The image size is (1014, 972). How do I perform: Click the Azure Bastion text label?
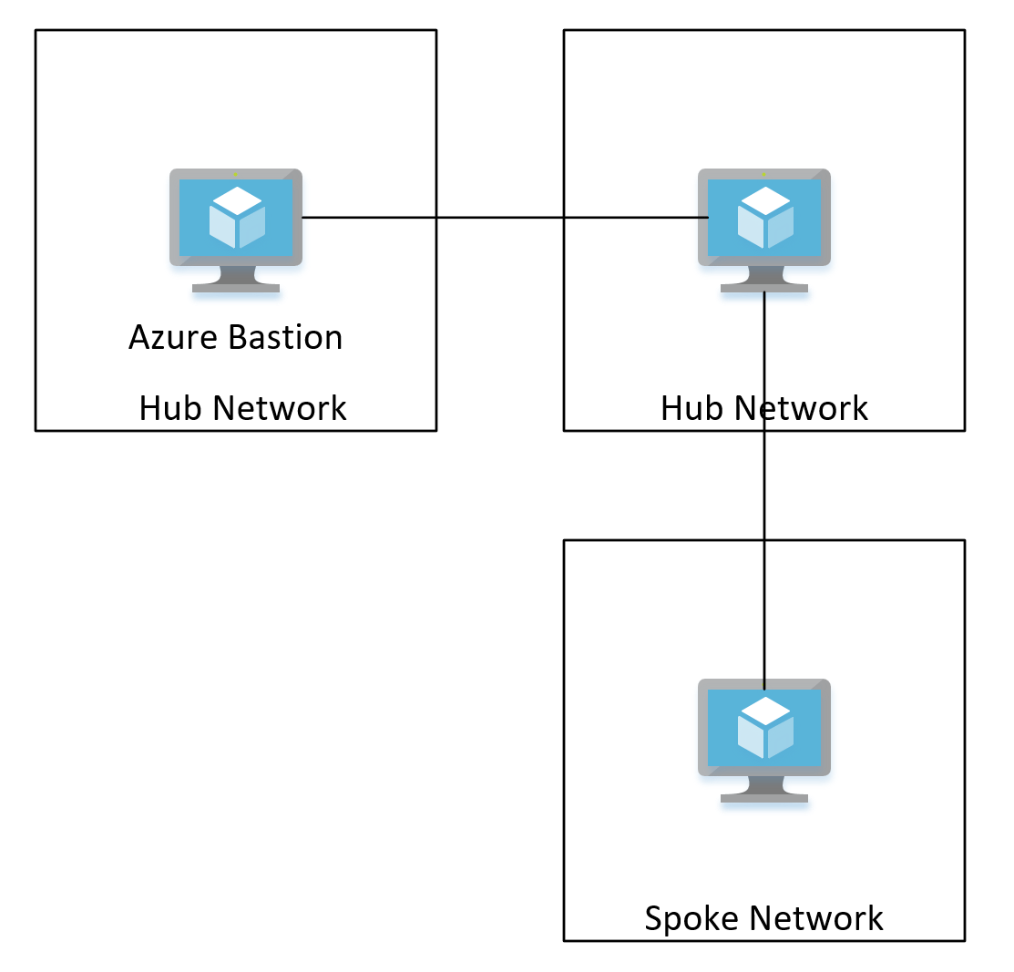pyautogui.click(x=236, y=338)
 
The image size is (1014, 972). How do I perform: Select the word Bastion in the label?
pyautogui.click(x=286, y=338)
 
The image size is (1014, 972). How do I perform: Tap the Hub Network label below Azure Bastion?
pyautogui.click(x=242, y=408)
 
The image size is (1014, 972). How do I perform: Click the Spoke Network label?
pyautogui.click(x=763, y=918)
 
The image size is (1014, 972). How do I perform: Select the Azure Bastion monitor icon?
pyautogui.click(x=236, y=229)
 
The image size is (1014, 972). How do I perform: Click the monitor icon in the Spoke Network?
pyautogui.click(x=764, y=739)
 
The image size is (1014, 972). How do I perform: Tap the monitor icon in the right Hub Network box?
pyautogui.click(x=764, y=229)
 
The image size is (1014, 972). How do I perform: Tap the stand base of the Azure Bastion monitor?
pyautogui.click(x=236, y=288)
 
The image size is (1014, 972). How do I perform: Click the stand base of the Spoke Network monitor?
pyautogui.click(x=764, y=798)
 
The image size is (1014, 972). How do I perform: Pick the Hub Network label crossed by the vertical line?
pyautogui.click(x=763, y=408)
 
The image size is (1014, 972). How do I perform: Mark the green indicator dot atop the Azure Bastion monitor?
pyautogui.click(x=235, y=173)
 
